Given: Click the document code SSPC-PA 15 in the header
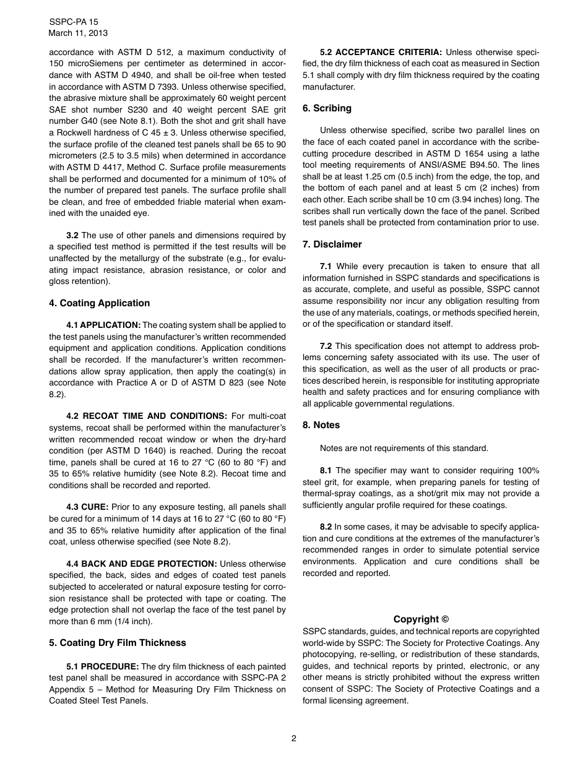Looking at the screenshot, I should click(74, 22).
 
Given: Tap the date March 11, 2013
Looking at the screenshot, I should click(77, 33).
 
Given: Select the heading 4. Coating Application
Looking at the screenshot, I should click(100, 303).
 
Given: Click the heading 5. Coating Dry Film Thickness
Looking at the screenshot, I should click(118, 643).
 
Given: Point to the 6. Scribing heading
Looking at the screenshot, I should click(327, 108).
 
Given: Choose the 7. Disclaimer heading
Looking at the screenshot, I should click(332, 244).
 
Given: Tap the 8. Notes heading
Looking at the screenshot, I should click(321, 425).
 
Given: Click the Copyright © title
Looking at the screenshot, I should click(421, 619).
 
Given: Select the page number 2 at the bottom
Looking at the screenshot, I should click(294, 738).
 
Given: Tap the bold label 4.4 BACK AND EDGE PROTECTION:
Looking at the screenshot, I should click(142, 564).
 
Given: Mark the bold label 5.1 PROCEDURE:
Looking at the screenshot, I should click(102, 666).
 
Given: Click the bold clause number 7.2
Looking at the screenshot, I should click(326, 346).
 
